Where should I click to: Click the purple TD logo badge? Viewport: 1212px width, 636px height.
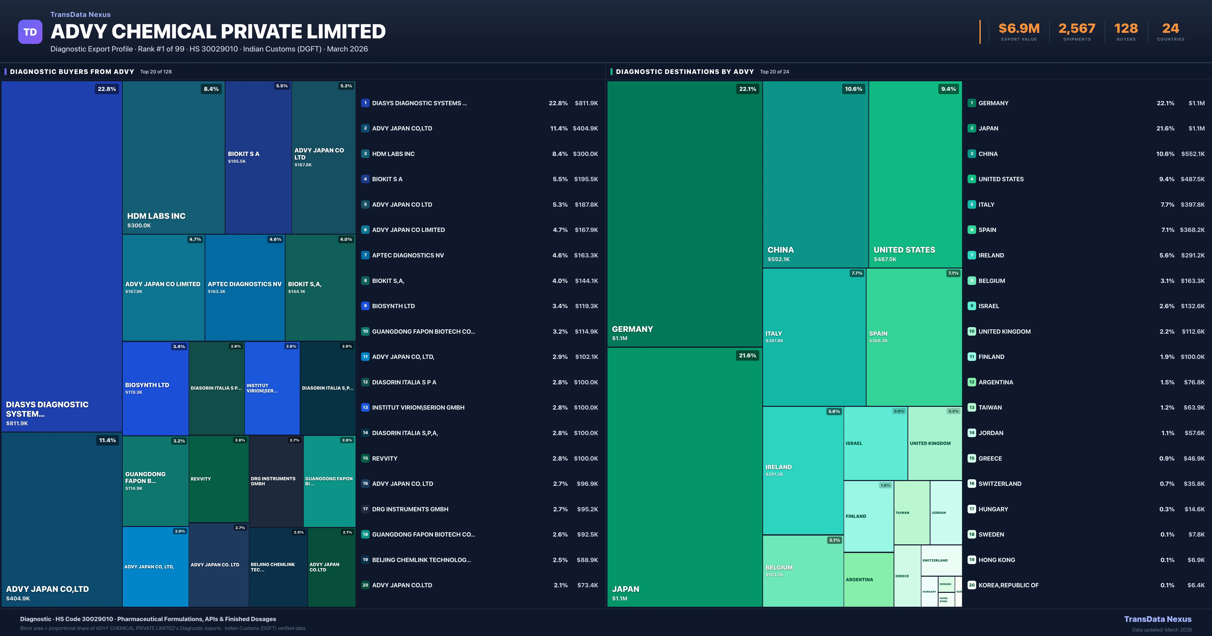pyautogui.click(x=30, y=32)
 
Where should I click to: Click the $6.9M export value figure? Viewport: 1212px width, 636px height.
pyautogui.click(x=1019, y=29)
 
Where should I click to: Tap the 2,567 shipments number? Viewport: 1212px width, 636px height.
pyautogui.click(x=1076, y=29)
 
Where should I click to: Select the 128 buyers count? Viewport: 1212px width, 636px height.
pyautogui.click(x=1126, y=29)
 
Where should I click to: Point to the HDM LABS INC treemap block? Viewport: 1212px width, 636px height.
pyautogui.click(x=173, y=157)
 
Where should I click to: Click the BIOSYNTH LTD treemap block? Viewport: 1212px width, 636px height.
pyautogui.click(x=155, y=388)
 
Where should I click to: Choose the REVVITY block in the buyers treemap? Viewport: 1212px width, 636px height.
pyautogui.click(x=218, y=479)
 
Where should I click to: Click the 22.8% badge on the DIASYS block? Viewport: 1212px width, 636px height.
pyautogui.click(x=107, y=89)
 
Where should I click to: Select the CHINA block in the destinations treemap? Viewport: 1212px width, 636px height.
pyautogui.click(x=815, y=174)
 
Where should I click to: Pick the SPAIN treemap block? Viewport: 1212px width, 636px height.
pyautogui.click(x=914, y=337)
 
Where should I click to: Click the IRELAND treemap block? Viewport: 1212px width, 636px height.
pyautogui.click(x=803, y=470)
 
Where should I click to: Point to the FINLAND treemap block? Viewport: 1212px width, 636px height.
pyautogui.click(x=869, y=516)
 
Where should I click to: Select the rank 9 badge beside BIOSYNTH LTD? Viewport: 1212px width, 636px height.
pyautogui.click(x=365, y=306)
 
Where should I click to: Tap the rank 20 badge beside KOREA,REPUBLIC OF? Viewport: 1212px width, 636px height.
pyautogui.click(x=972, y=585)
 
